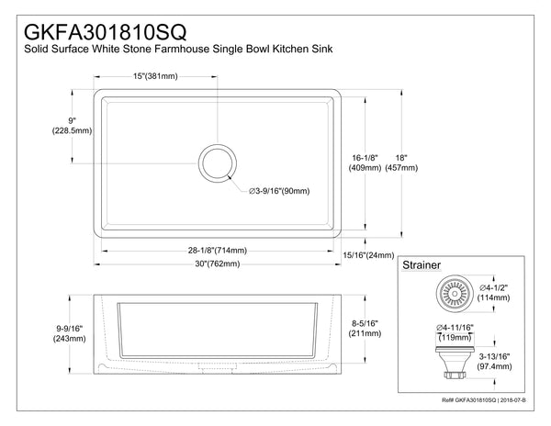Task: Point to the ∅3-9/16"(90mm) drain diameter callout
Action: pyautogui.click(x=278, y=191)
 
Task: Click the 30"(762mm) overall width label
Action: pyautogui.click(x=216, y=265)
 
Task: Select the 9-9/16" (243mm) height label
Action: pyautogui.click(x=67, y=331)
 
